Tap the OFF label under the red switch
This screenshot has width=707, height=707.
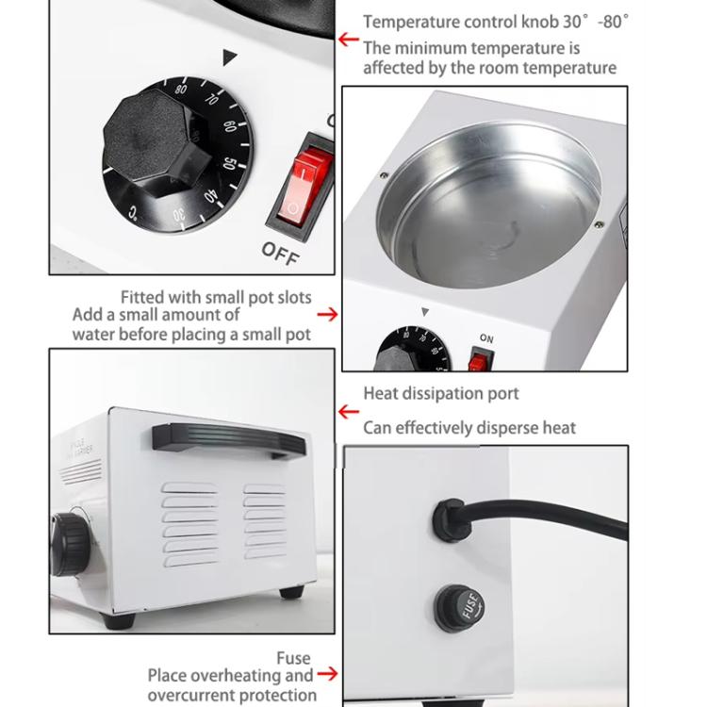coord(280,251)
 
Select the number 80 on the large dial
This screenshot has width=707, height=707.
coord(180,90)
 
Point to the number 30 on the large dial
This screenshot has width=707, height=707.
coord(179,215)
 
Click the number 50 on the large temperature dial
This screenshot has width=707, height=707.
coord(230,162)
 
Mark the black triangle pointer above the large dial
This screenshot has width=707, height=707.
coord(229,58)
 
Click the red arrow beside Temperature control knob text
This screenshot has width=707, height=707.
coord(349,41)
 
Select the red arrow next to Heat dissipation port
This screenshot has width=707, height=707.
coord(349,411)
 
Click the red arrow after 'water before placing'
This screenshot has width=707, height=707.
coord(327,314)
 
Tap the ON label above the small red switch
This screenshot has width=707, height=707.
coord(486,337)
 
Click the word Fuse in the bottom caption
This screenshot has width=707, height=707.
coord(293,658)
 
